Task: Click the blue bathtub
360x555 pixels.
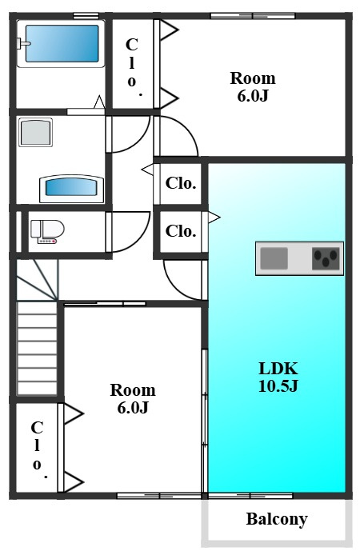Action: point(62,43)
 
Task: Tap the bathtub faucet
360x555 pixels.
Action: point(23,43)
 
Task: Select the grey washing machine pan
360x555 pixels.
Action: point(35,132)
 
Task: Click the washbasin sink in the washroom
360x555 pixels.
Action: point(71,187)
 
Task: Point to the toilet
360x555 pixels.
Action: point(47,231)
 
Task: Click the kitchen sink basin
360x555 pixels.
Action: point(274,258)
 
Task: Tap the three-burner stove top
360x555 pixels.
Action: point(326,258)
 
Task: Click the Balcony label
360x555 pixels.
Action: point(277,519)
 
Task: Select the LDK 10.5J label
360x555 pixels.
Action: point(278,377)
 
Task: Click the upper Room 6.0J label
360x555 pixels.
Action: point(253,86)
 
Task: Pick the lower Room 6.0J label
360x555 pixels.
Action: point(133,398)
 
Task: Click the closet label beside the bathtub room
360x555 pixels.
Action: point(132,66)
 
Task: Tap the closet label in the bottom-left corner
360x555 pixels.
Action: point(38,449)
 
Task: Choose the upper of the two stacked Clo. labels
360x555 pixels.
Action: point(181,183)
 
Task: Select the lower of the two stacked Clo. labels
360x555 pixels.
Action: point(181,231)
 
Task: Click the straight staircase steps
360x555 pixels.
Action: point(37,349)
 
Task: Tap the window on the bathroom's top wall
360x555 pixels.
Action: point(86,15)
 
